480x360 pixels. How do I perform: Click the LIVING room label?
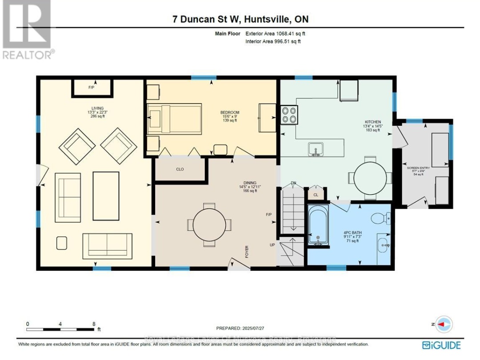pos(97,108)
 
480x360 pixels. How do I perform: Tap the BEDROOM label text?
pos(230,112)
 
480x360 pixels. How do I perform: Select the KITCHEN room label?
pos(373,122)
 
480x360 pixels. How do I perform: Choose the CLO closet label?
pos(180,169)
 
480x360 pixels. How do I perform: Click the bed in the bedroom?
pos(174,119)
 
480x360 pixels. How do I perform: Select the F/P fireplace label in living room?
pos(92,88)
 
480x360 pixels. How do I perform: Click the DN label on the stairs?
pos(293,183)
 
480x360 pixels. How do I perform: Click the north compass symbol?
pos(441,324)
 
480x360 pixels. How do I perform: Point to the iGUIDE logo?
pos(441,345)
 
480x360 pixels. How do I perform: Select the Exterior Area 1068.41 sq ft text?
pos(276,33)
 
